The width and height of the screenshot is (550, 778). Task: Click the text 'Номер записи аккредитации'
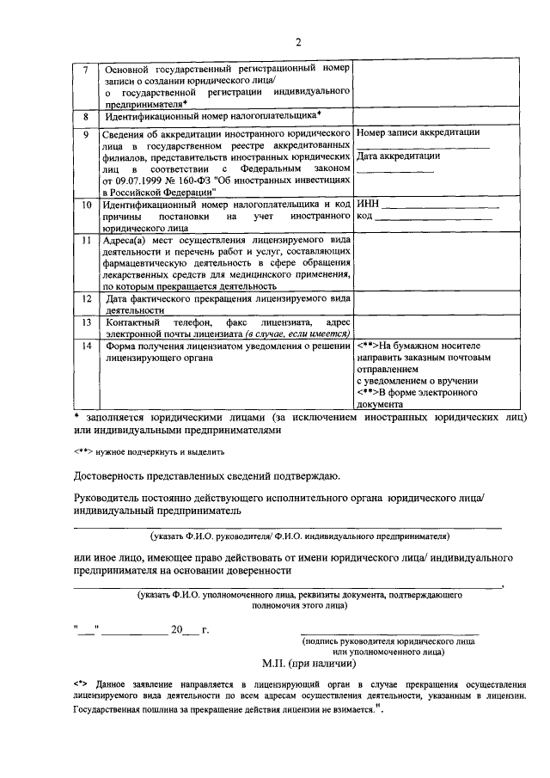418,132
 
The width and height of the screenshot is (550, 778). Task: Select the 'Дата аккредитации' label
398,156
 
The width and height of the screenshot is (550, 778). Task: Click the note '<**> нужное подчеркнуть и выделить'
149,450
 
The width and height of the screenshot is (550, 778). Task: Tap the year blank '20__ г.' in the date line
190,630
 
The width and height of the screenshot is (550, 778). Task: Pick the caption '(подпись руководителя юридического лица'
388,641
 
